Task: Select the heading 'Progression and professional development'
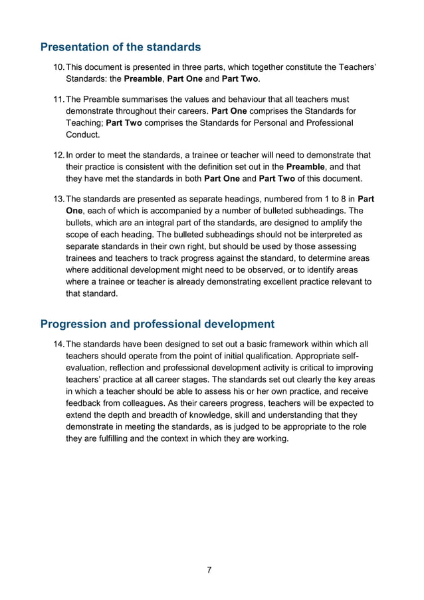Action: (157, 324)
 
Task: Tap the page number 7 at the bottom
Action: (209, 569)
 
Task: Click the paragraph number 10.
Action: (58, 68)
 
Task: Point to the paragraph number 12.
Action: (58, 154)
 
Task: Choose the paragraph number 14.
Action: (58, 344)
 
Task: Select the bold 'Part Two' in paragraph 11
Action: (124, 123)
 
